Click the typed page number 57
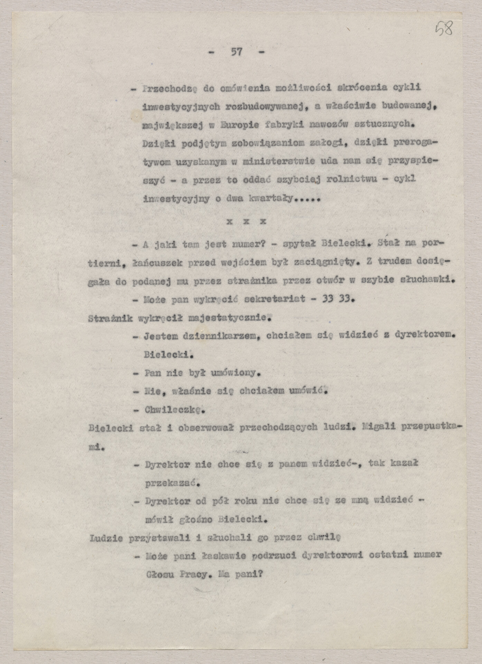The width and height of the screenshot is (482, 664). click(237, 52)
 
